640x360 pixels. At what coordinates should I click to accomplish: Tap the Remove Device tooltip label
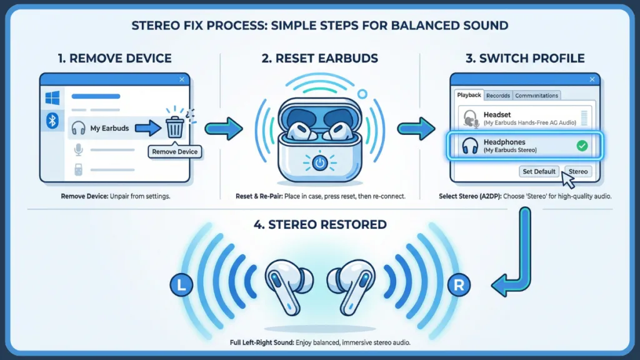pyautogui.click(x=175, y=151)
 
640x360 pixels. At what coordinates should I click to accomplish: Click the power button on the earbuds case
pyautogui.click(x=319, y=164)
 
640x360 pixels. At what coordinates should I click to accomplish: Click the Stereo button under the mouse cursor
pyautogui.click(x=577, y=171)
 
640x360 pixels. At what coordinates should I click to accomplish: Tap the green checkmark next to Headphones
pyautogui.click(x=582, y=146)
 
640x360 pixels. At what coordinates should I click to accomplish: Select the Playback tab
pyautogui.click(x=469, y=96)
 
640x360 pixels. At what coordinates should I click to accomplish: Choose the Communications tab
pyautogui.click(x=537, y=96)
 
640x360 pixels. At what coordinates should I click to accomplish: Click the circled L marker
pyautogui.click(x=181, y=286)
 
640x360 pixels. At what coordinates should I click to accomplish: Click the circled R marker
pyautogui.click(x=458, y=286)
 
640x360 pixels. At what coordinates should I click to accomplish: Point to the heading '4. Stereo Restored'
pyautogui.click(x=319, y=224)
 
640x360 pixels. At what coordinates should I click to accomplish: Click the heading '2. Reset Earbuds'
pyautogui.click(x=319, y=59)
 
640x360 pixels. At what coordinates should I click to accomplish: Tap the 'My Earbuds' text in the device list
pyautogui.click(x=109, y=128)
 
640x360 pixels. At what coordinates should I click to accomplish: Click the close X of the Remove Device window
pyautogui.click(x=181, y=79)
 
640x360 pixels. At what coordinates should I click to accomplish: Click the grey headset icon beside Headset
pyautogui.click(x=469, y=119)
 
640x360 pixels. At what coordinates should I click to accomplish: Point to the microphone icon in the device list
pyautogui.click(x=79, y=149)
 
